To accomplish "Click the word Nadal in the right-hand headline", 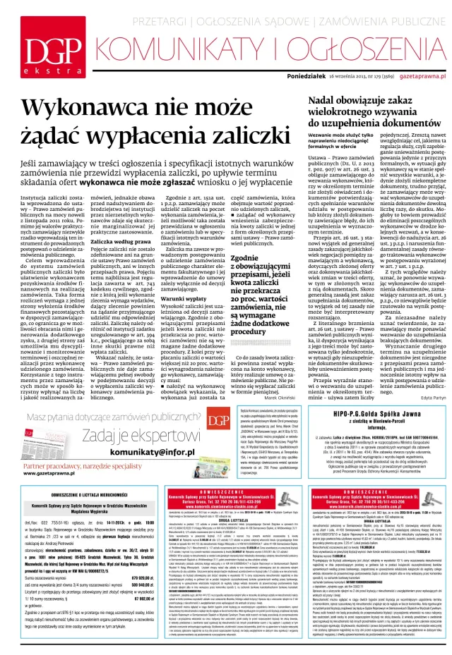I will pyautogui.click(x=305, y=104).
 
